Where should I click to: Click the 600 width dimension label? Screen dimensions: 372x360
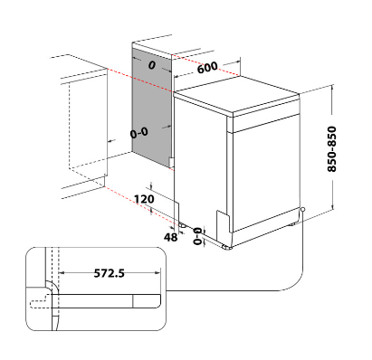click(207, 68)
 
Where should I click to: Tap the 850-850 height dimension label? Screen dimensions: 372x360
click(331, 149)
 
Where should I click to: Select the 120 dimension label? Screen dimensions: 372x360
click(144, 199)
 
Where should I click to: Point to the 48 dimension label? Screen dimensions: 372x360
click(171, 237)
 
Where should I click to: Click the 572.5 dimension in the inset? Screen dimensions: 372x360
click(110, 273)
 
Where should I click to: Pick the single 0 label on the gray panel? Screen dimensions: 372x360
click(152, 65)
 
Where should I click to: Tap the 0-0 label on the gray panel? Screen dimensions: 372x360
click(139, 133)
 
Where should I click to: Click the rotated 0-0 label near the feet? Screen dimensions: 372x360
click(197, 236)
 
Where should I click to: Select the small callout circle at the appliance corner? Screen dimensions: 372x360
click(302, 209)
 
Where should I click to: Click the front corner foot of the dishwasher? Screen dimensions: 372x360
click(227, 247)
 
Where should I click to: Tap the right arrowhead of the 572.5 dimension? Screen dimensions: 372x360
click(157, 273)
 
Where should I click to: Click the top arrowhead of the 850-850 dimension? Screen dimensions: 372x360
click(332, 88)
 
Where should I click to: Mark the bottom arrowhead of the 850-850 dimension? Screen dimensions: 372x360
click(332, 207)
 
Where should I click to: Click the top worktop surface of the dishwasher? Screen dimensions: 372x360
click(236, 94)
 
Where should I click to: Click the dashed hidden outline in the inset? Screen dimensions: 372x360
click(39, 303)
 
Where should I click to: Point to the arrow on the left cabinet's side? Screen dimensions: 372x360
click(111, 140)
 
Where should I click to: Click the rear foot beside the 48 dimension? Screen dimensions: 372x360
click(183, 224)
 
